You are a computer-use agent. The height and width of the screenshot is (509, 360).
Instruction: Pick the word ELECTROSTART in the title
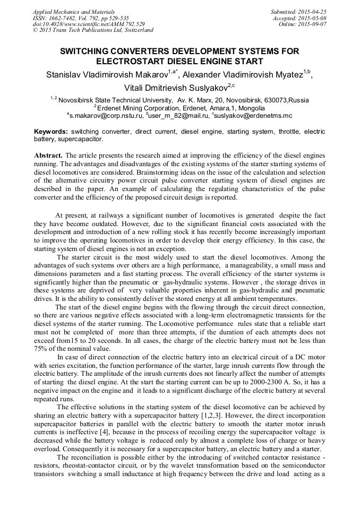(x=132, y=61)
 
